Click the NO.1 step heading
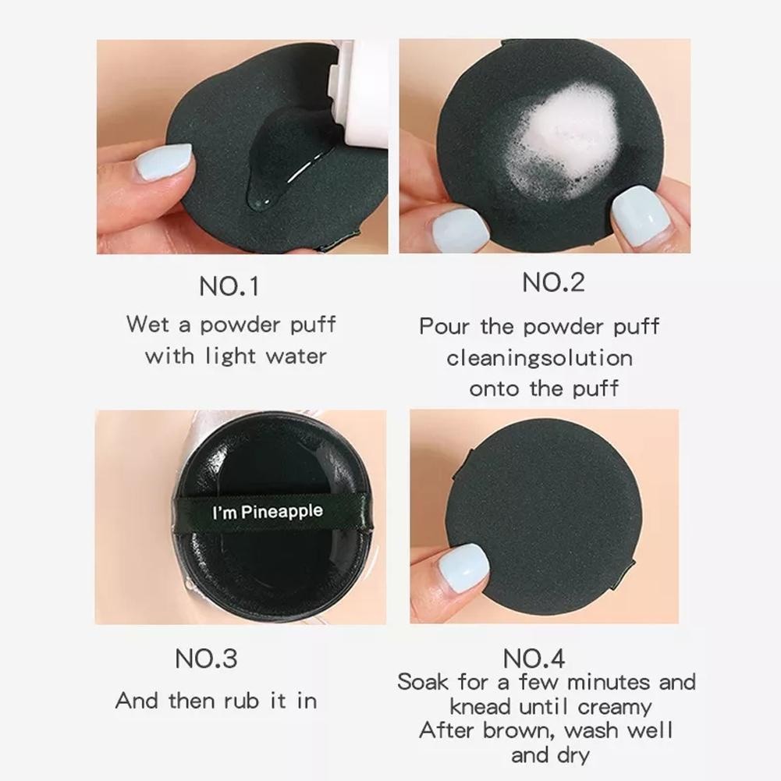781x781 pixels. click(x=229, y=286)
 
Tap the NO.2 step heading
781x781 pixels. click(x=553, y=282)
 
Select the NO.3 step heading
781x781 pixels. click(x=206, y=659)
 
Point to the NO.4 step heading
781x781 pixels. click(x=534, y=659)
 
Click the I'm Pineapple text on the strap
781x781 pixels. click(x=268, y=512)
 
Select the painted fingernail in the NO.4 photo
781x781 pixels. click(x=463, y=568)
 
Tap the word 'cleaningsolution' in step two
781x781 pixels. click(x=539, y=358)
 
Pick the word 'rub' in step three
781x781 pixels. click(x=242, y=701)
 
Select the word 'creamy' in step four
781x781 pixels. click(x=615, y=708)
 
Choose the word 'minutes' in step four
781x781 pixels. click(x=609, y=682)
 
